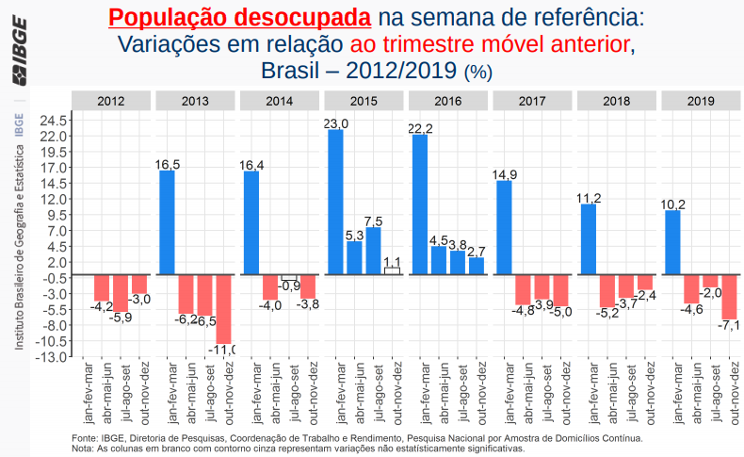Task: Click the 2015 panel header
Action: (364, 101)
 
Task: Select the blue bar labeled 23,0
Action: (335, 202)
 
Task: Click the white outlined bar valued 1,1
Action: (393, 270)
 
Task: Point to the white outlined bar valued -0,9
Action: (288, 277)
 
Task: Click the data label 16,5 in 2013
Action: (168, 164)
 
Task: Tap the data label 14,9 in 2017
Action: (505, 174)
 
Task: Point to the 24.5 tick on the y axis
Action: (53, 121)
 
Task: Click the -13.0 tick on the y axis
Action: (53, 356)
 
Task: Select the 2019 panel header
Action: (701, 101)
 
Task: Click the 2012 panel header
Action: (111, 101)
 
